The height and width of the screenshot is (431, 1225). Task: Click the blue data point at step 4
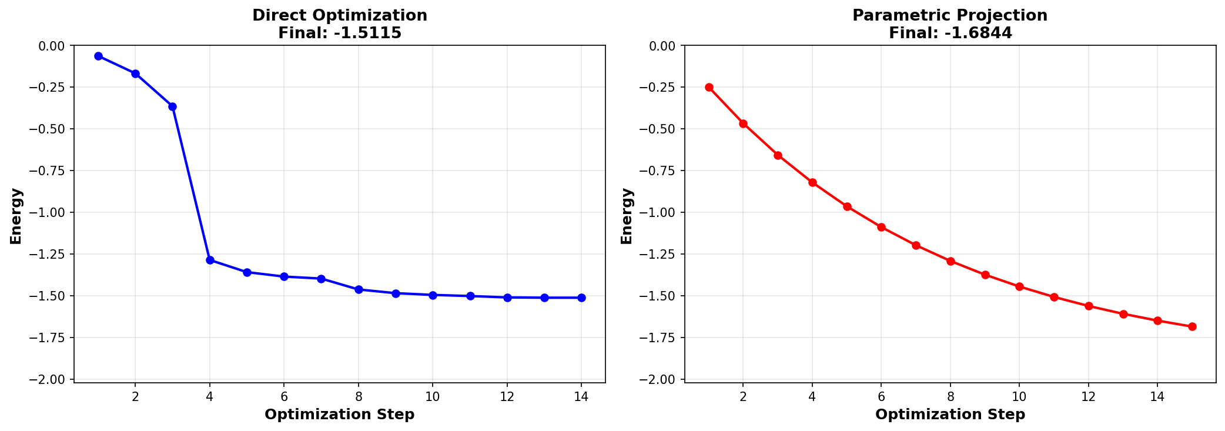(x=210, y=260)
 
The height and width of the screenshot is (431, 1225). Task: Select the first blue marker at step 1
(x=98, y=56)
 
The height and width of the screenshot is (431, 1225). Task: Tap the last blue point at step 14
(x=581, y=298)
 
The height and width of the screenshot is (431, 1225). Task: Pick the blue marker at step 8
(x=359, y=289)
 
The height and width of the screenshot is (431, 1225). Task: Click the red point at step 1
(x=709, y=87)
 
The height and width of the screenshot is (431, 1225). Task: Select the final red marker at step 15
(x=1192, y=326)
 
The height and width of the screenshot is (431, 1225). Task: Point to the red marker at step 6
(x=881, y=227)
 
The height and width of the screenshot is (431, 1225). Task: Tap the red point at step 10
(x=1019, y=286)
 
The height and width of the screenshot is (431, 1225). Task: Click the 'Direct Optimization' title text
(x=340, y=15)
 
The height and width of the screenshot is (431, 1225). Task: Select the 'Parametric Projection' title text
(x=950, y=15)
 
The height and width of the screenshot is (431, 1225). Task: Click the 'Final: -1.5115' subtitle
(x=340, y=33)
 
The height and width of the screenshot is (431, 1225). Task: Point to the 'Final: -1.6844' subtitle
(x=950, y=33)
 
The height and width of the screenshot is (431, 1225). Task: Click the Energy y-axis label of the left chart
(x=16, y=215)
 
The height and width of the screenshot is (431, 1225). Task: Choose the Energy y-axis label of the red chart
(x=627, y=215)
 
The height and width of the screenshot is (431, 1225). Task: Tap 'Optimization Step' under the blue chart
(x=340, y=415)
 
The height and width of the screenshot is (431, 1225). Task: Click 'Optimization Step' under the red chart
(x=950, y=415)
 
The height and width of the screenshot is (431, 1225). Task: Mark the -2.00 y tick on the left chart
(x=51, y=379)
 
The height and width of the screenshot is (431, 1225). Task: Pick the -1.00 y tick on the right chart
(x=661, y=212)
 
